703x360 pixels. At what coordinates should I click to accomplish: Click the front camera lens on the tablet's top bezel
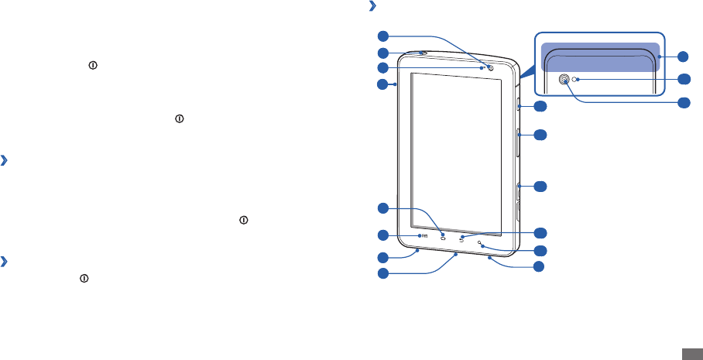coord(491,67)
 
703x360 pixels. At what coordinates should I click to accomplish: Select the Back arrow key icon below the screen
coord(461,238)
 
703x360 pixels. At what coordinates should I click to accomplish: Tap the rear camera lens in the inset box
coord(564,79)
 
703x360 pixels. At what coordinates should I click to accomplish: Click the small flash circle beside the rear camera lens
coord(575,79)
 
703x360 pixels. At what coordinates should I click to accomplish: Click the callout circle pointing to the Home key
coord(382,208)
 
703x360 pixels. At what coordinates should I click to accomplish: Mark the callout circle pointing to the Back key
coord(540,232)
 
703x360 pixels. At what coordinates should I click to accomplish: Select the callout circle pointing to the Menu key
coord(382,235)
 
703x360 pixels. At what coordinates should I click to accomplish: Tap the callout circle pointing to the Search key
coord(540,250)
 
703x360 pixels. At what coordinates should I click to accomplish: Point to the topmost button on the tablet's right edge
coord(517,105)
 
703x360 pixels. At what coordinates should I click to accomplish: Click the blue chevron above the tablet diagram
coord(373,7)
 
